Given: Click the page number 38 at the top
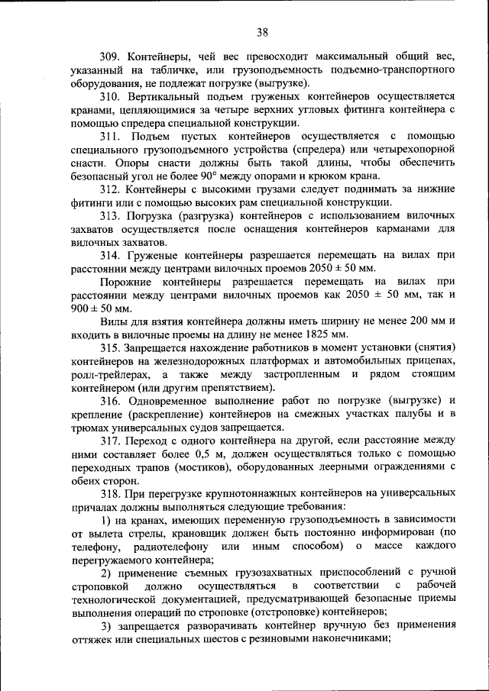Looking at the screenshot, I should click(x=262, y=32).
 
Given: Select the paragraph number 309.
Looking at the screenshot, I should click(x=112, y=57).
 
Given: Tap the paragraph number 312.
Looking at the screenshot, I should click(x=112, y=189).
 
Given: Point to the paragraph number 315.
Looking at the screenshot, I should click(x=112, y=347).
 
